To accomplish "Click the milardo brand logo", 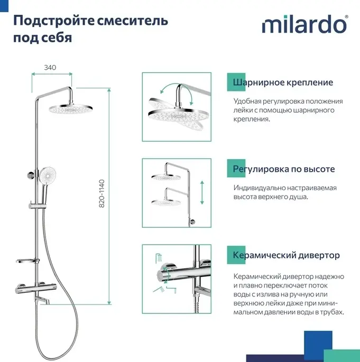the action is (x=304, y=24).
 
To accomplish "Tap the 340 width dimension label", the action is (x=50, y=68).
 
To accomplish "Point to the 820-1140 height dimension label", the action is (x=101, y=193).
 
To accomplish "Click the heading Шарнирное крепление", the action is (x=283, y=82).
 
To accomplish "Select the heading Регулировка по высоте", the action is (x=284, y=169).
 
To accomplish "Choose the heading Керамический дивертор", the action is (x=287, y=255).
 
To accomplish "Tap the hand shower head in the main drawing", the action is (x=48, y=176).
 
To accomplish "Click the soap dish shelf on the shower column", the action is (x=27, y=261).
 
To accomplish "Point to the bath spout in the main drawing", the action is (x=42, y=300).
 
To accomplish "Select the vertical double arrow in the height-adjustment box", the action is (x=202, y=192).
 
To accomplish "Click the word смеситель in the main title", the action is (x=132, y=21).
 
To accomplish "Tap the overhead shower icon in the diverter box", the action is (x=159, y=258).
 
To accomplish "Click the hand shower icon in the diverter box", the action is (x=159, y=290).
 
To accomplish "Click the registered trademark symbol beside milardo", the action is (x=346, y=17).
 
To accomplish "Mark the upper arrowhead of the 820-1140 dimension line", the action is (x=109, y=90).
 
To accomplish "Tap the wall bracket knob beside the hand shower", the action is (x=30, y=175).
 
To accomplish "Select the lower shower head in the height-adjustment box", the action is (x=166, y=202).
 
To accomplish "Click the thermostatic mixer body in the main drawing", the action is (x=36, y=289).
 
